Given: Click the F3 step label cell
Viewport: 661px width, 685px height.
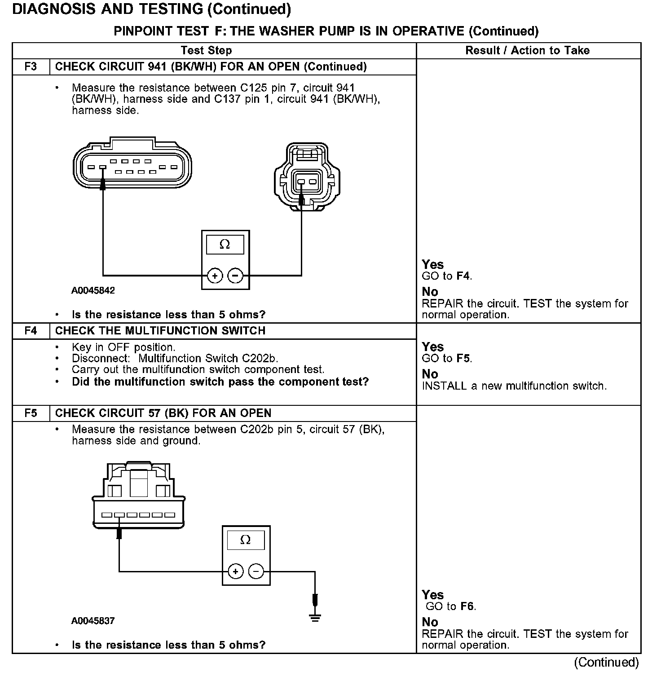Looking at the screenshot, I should [x=31, y=67].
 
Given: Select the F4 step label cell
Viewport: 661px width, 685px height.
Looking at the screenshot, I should [x=31, y=331].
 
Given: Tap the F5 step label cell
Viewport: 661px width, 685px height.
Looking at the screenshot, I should [x=31, y=413].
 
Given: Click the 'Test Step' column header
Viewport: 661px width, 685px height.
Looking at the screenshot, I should [x=206, y=50].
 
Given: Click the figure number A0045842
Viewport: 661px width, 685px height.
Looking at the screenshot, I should [x=93, y=290].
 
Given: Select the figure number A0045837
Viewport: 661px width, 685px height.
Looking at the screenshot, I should [x=93, y=621].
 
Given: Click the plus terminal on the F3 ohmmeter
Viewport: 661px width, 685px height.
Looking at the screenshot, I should [x=215, y=275].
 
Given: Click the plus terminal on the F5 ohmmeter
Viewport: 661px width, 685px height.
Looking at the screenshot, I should [x=235, y=571].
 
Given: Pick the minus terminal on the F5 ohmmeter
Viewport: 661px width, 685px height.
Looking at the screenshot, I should [x=256, y=571].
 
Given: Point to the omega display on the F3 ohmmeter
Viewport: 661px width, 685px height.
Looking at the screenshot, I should [x=225, y=245].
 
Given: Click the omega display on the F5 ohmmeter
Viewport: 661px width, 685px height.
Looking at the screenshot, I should [x=245, y=540].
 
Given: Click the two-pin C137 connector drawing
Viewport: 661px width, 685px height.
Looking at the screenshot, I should [x=307, y=177].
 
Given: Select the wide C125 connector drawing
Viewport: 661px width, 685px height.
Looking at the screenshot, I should [x=132, y=164].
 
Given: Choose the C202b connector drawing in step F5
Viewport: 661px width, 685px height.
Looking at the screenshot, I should [x=138, y=496].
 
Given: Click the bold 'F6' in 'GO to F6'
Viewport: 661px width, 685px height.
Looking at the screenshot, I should [x=467, y=606].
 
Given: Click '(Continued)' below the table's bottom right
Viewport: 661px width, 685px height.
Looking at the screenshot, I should [x=606, y=663].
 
